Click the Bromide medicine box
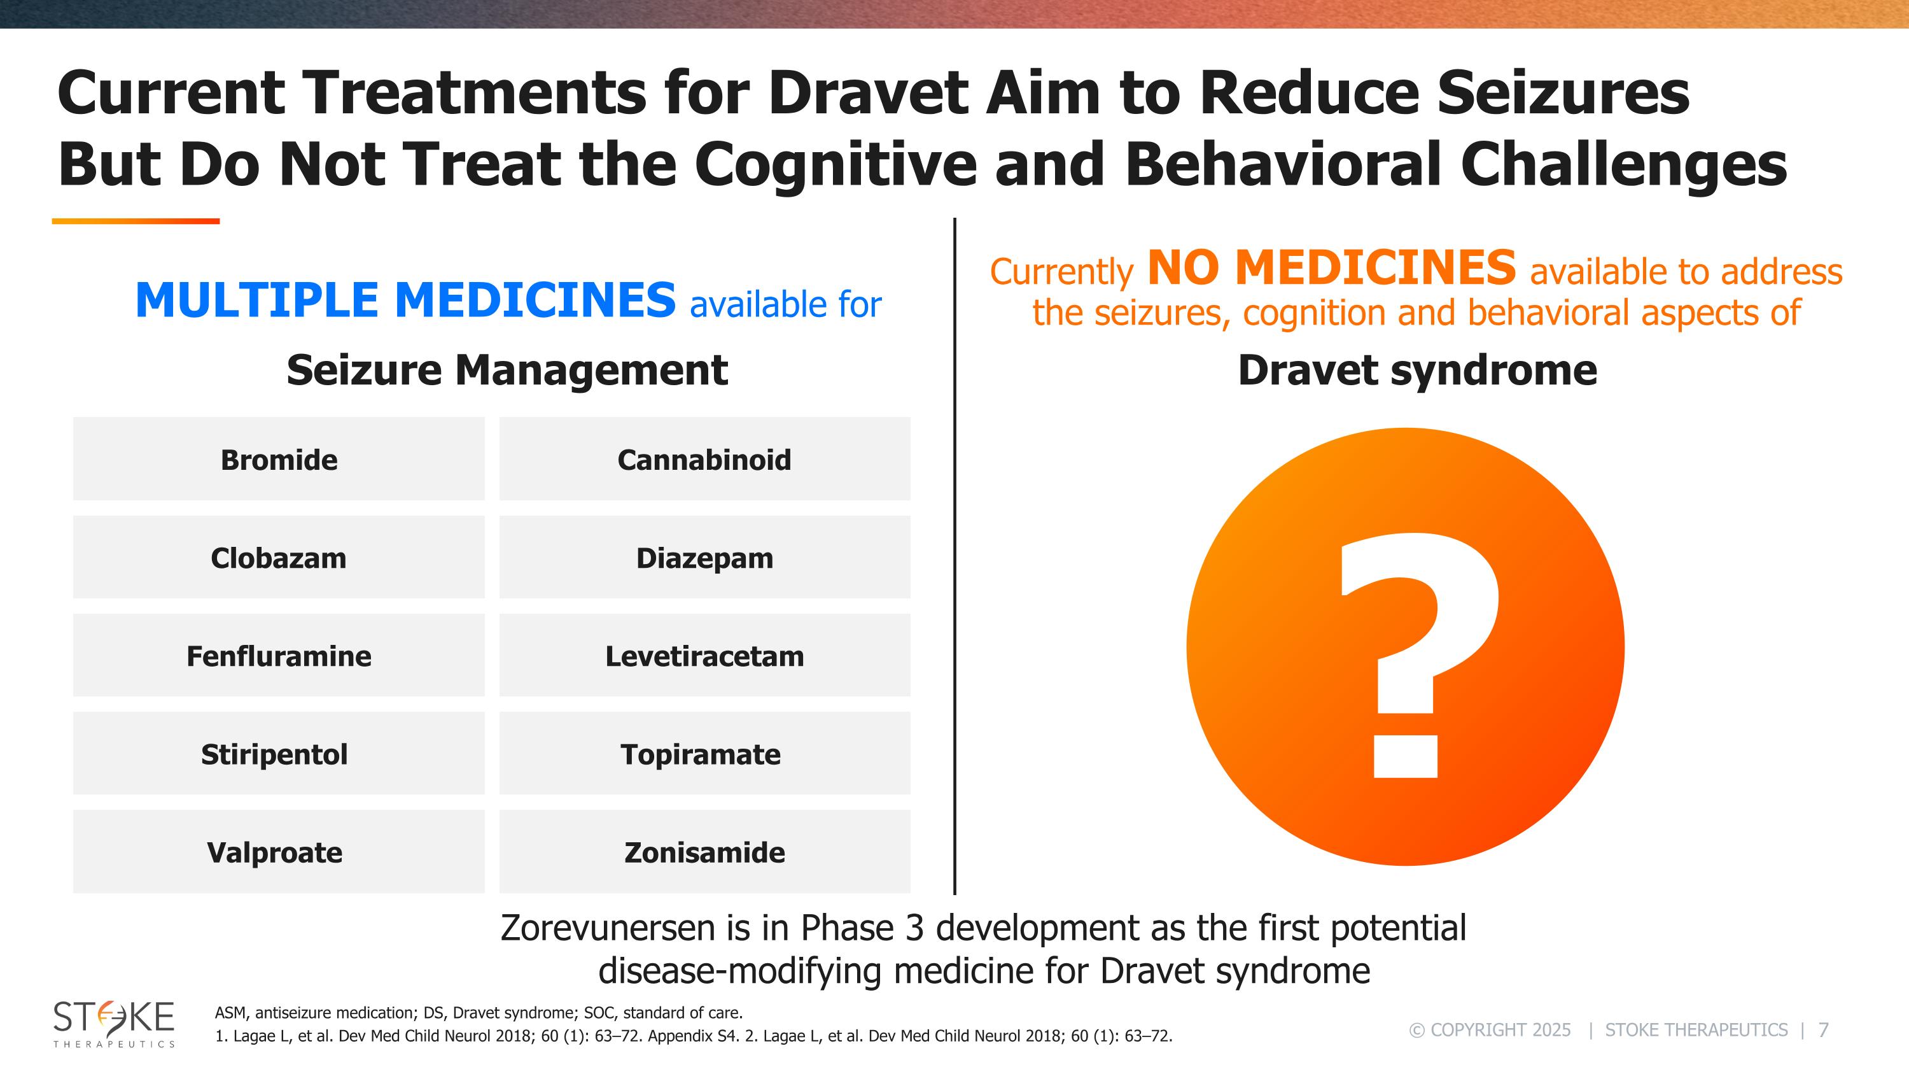coord(279,460)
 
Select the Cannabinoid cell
coord(704,460)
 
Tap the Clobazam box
coord(279,558)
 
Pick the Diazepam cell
coord(704,558)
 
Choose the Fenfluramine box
coord(279,656)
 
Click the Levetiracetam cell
coord(704,656)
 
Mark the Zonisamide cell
coord(704,852)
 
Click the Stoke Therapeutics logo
coord(113,1023)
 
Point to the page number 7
coord(1824,1030)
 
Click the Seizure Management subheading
coord(507,370)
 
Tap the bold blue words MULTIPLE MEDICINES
coord(405,300)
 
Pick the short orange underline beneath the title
coord(136,221)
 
